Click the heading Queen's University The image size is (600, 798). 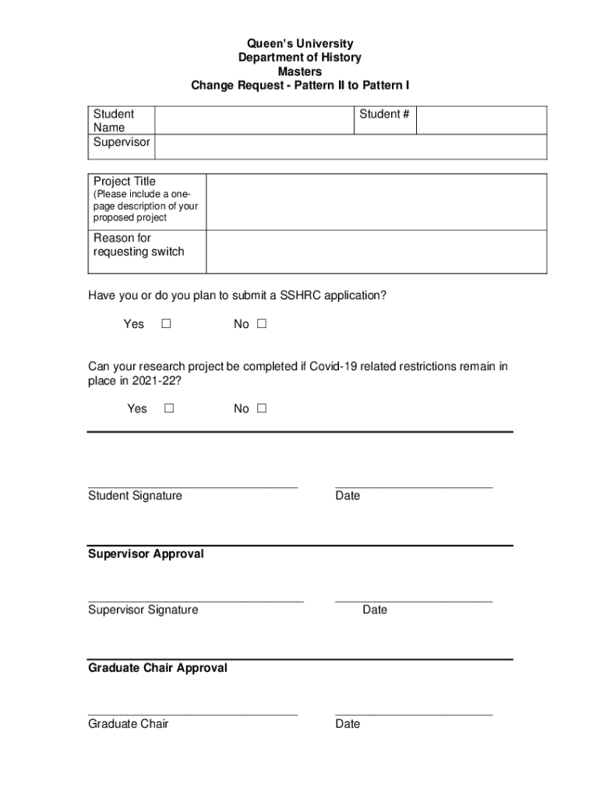300,44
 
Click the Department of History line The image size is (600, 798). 300,58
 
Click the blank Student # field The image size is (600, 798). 482,120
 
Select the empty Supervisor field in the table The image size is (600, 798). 351,146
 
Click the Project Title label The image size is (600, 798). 125,181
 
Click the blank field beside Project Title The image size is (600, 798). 376,202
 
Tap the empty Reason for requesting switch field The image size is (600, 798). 376,252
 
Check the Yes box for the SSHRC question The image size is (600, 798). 166,324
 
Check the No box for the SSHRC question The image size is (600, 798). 262,324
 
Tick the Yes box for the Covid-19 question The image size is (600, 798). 169,408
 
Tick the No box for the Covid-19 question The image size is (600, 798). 262,408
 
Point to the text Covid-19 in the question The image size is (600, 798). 334,366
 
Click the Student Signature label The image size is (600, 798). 135,496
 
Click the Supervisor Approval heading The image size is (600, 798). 146,553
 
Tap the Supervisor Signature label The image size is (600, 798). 143,609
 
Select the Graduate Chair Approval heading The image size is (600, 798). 157,668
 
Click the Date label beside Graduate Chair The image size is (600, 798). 348,724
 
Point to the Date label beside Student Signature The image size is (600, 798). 348,496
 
